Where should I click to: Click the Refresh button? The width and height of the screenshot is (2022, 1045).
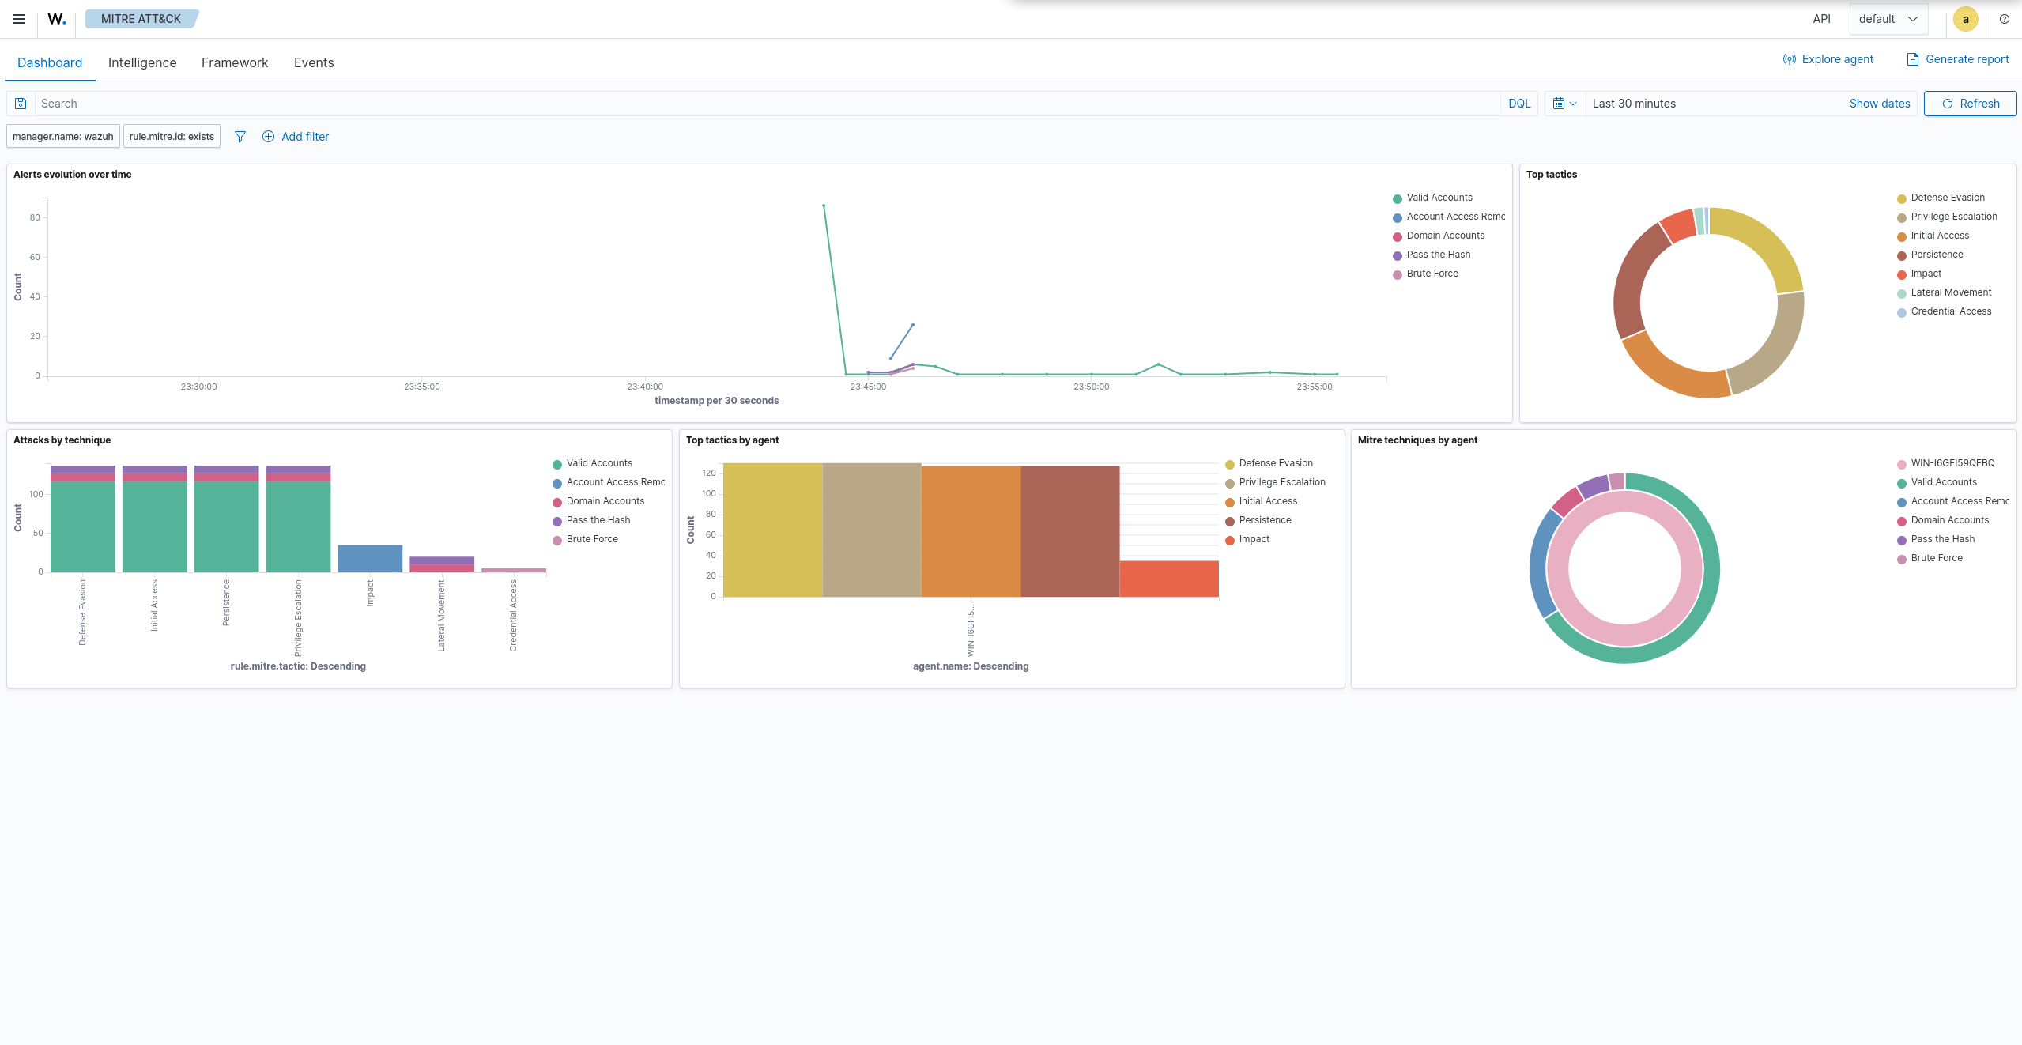(1970, 104)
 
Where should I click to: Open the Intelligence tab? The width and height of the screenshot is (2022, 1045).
(142, 62)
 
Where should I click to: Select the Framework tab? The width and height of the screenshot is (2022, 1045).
(235, 62)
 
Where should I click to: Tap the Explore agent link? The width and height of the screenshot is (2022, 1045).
(1828, 59)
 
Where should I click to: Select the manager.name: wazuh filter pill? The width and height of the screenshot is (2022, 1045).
(63, 137)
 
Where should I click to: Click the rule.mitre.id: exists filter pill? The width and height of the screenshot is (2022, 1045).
(172, 137)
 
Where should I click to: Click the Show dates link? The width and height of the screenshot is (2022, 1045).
(1880, 104)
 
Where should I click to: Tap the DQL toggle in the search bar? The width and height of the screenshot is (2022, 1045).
(1519, 104)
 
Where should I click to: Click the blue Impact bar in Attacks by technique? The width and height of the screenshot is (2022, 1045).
(370, 558)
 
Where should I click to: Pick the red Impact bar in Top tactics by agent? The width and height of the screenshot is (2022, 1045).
(1169, 579)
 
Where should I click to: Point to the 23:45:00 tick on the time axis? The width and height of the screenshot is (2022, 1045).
(868, 387)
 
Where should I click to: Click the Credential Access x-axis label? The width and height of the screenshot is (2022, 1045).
(513, 616)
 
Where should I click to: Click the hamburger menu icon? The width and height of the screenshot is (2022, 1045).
(19, 19)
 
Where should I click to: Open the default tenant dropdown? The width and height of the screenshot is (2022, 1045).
(1888, 19)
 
